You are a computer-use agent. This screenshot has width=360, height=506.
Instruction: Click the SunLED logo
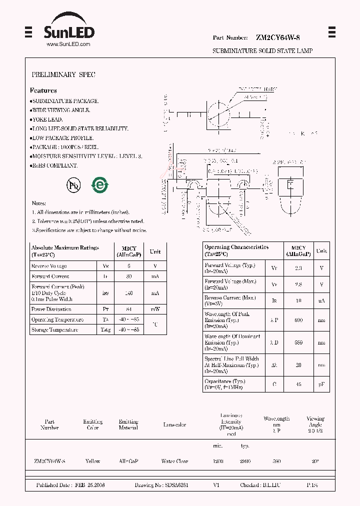(68, 30)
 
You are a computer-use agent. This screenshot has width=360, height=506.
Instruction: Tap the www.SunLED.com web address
(68, 44)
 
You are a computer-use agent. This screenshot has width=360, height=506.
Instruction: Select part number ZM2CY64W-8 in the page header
(277, 37)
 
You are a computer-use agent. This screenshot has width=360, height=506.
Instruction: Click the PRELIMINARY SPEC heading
(63, 74)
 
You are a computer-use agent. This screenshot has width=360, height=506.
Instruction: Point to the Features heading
(43, 90)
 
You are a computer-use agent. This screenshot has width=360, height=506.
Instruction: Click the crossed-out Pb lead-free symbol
(73, 185)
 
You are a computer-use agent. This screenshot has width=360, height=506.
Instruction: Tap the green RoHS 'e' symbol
(99, 185)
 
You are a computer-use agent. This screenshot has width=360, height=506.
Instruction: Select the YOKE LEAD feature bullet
(47, 119)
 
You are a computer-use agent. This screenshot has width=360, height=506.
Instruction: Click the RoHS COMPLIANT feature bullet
(55, 165)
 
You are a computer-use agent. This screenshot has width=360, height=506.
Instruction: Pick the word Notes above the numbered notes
(39, 203)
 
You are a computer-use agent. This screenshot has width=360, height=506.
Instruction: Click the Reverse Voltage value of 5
(128, 266)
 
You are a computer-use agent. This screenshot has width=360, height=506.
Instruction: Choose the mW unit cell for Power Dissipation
(155, 309)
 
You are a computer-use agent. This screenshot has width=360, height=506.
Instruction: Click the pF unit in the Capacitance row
(322, 384)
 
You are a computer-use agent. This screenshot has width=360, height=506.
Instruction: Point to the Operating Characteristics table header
(236, 247)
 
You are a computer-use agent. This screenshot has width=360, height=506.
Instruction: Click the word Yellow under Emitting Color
(93, 461)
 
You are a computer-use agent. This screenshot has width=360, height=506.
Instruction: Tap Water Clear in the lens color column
(174, 461)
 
